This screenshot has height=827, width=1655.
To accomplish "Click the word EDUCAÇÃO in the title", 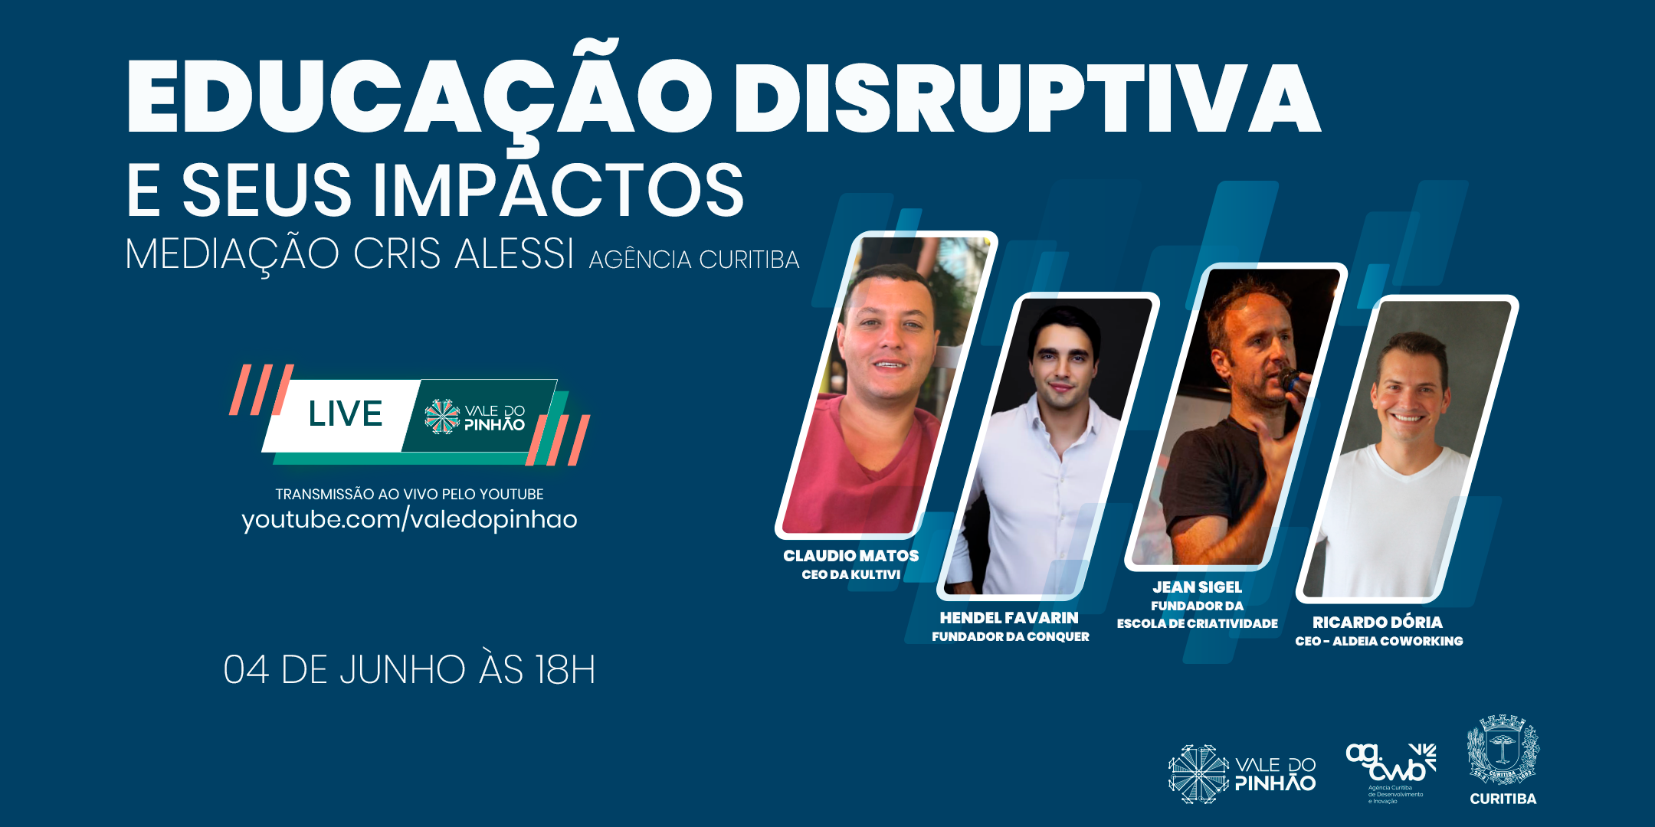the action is [x=420, y=96].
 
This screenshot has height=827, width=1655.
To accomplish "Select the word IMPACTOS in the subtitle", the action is [x=559, y=190].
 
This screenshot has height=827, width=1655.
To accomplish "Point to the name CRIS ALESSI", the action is [x=464, y=253].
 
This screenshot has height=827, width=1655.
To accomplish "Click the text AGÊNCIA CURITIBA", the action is [x=694, y=260].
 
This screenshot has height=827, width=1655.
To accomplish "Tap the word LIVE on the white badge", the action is [x=345, y=414].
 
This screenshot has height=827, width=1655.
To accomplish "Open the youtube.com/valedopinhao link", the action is [x=409, y=519].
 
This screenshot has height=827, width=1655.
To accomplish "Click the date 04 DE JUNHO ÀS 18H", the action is [x=409, y=669].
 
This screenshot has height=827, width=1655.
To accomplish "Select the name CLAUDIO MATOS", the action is [x=850, y=555].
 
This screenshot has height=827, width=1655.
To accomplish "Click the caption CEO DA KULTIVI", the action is [x=850, y=574].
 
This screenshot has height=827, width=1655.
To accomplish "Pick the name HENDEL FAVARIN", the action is [x=1009, y=617].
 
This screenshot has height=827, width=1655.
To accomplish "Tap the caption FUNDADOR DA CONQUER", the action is [x=1010, y=636].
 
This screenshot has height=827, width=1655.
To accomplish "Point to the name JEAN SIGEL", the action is [x=1197, y=587].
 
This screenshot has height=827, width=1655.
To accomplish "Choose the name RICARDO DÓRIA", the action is [x=1378, y=622].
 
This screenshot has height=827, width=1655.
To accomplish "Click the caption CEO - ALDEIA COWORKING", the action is [x=1378, y=641].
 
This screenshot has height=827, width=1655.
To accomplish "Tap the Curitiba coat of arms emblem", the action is [x=1503, y=750].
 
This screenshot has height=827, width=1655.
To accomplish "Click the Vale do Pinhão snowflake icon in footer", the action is [x=1198, y=773].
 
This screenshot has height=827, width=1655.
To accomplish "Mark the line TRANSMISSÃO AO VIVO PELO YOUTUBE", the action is [x=409, y=494].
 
